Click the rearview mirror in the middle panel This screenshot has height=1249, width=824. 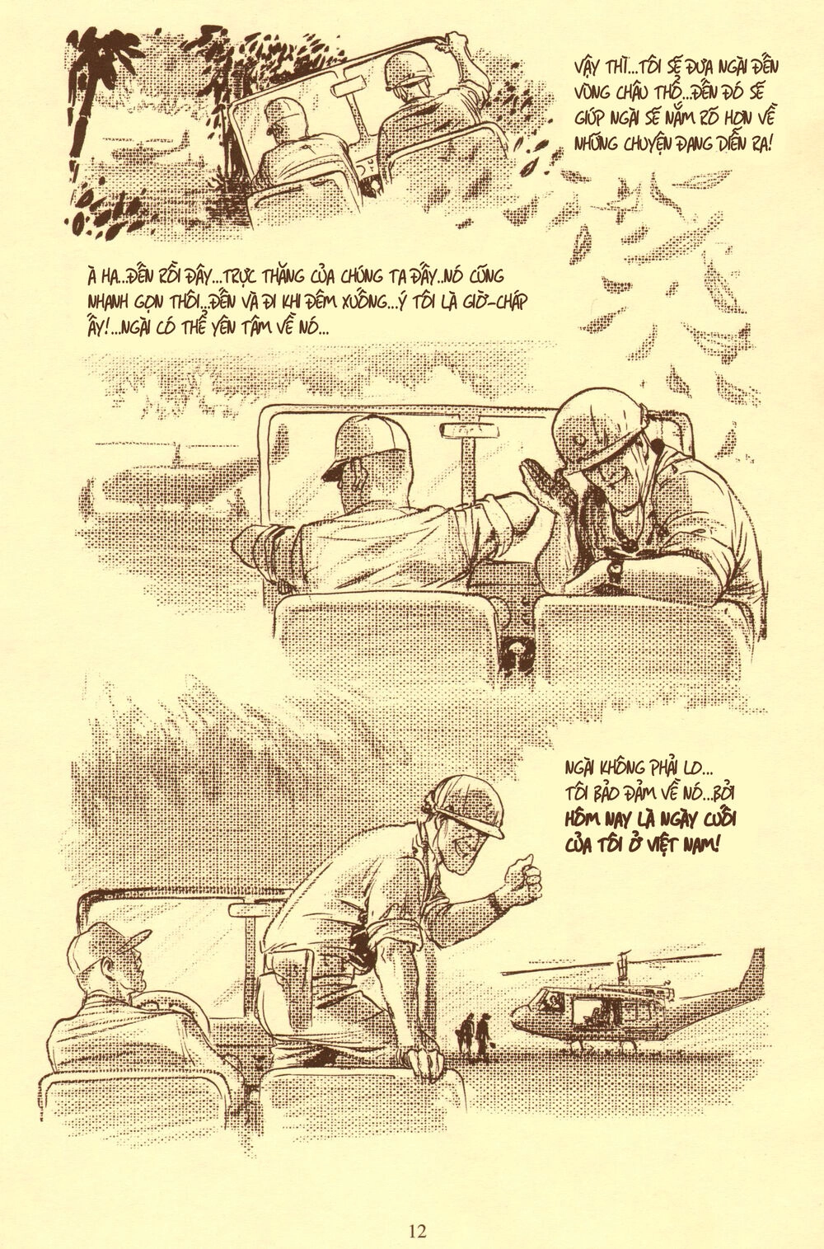[469, 430]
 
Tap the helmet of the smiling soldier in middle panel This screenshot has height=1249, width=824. [601, 430]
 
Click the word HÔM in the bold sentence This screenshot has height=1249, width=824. [583, 819]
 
